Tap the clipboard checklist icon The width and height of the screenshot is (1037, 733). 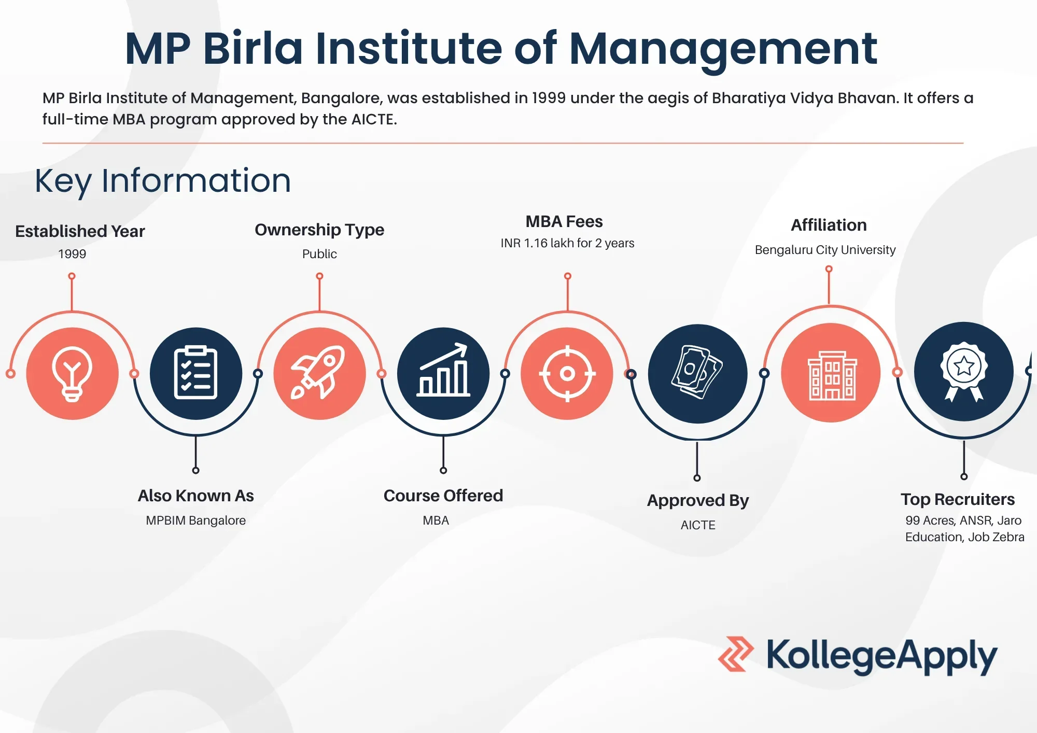coord(195,373)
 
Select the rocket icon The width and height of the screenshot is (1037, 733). coord(319,373)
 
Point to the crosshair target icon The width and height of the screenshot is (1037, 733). coord(567,373)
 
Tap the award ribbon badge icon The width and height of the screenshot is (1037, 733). coord(964,371)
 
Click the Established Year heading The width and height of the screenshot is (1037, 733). coord(80,231)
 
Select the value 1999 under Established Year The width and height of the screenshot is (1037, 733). coord(72,254)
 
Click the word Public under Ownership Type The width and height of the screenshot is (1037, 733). coord(319,254)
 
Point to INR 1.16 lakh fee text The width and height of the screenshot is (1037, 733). coord(567,243)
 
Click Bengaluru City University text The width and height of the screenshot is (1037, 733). coord(825,250)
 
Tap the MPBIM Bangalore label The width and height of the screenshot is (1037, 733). coord(195,520)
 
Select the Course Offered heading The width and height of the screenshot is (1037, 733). coord(443,496)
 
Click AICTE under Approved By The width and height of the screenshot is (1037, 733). coord(698,525)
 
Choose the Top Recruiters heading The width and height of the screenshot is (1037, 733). coord(958,499)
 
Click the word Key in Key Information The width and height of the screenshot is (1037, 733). coord(62,181)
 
